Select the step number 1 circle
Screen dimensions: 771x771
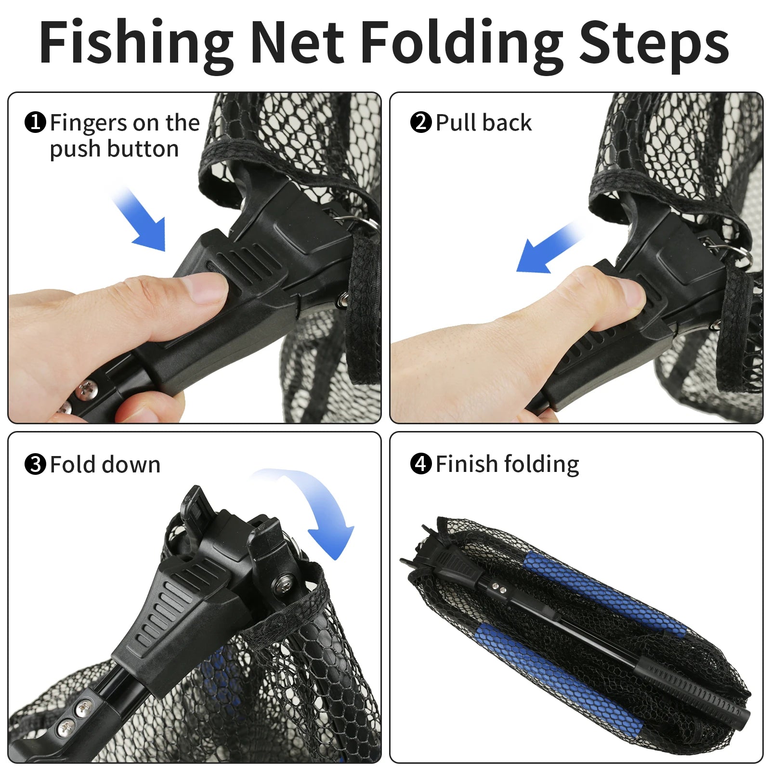coord(35,122)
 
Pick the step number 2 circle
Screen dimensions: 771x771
coord(421,122)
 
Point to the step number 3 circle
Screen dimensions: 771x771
coord(35,465)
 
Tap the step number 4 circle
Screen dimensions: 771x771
coord(421,464)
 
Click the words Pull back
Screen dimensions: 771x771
coord(484,122)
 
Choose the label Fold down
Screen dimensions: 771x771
coord(105,465)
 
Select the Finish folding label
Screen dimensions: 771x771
coord(507,464)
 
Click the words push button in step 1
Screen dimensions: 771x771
coord(114,149)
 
